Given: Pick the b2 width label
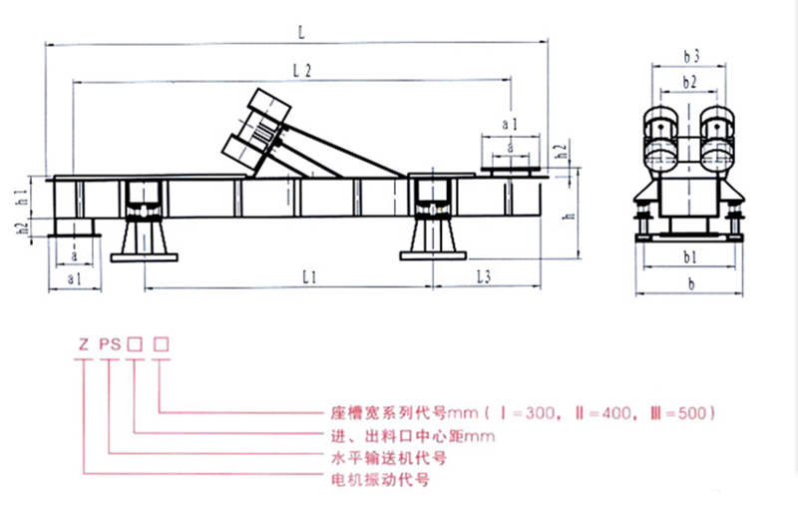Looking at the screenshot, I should [689, 81].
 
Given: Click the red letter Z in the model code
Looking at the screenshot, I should [84, 346].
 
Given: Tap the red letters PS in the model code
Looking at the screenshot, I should [110, 346].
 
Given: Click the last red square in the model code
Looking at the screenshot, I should [160, 346].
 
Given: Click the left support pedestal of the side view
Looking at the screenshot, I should [144, 241].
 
